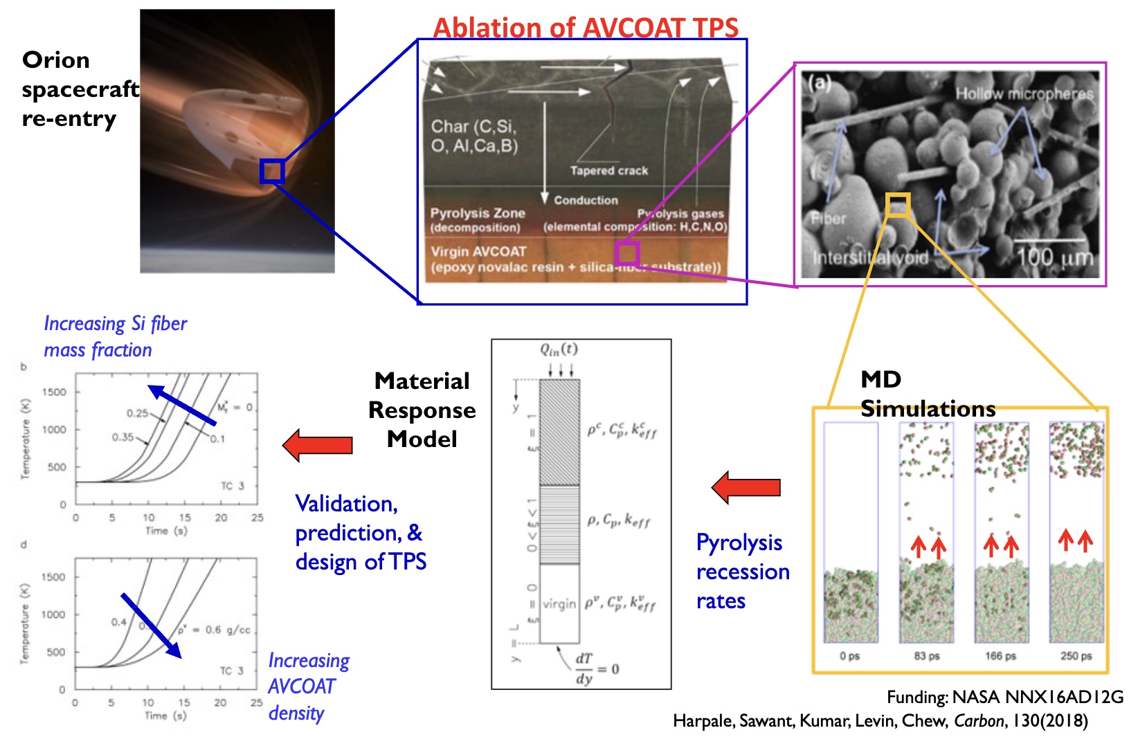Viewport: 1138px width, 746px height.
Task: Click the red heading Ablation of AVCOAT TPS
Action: pyautogui.click(x=586, y=28)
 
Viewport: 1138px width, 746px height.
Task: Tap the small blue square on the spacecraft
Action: pyautogui.click(x=272, y=171)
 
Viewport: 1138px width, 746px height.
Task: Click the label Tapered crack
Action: pyautogui.click(x=608, y=170)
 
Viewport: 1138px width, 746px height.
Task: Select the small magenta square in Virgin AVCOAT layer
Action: pyautogui.click(x=626, y=253)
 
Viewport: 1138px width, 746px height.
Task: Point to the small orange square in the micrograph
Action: pyautogui.click(x=897, y=205)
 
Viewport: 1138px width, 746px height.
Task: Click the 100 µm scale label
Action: pyautogui.click(x=1054, y=257)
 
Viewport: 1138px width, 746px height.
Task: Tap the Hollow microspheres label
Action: pyautogui.click(x=1024, y=93)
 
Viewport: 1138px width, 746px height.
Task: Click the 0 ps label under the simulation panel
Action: pyautogui.click(x=849, y=655)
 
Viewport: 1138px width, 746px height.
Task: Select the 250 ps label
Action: pyautogui.click(x=1076, y=655)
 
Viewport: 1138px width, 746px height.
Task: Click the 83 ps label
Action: pyautogui.click(x=926, y=655)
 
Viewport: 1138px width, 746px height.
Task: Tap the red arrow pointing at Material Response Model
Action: pyautogui.click(x=318, y=445)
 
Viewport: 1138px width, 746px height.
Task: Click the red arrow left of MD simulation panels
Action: pyautogui.click(x=746, y=487)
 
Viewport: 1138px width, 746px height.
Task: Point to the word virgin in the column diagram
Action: pyautogui.click(x=559, y=603)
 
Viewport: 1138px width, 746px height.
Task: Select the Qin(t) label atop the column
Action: pyautogui.click(x=559, y=349)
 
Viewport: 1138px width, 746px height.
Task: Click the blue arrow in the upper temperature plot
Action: pyautogui.click(x=182, y=404)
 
